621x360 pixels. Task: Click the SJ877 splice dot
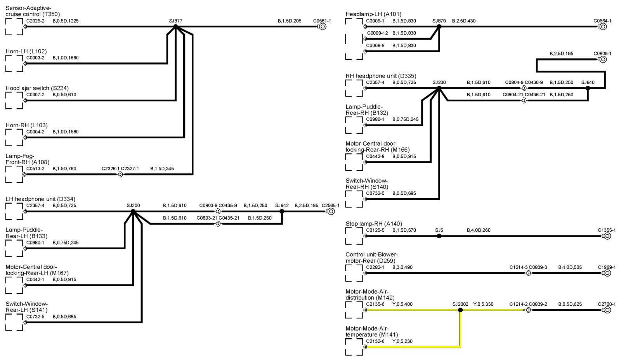tap(175, 26)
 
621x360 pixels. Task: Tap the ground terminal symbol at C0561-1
tap(322, 27)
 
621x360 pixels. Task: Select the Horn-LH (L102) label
tap(26, 51)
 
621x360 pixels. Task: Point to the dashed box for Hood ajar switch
tap(14, 100)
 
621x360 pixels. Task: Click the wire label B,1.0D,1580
tap(65, 132)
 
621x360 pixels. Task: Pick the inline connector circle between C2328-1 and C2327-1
tap(120, 175)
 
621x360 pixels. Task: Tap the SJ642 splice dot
tap(282, 211)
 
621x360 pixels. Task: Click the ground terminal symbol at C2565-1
tap(331, 211)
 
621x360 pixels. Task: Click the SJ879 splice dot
tap(439, 27)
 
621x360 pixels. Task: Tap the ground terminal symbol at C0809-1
tap(603, 59)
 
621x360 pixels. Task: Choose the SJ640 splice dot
tap(588, 88)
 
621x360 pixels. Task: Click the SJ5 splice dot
tap(439, 236)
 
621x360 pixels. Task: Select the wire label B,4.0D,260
tap(478, 230)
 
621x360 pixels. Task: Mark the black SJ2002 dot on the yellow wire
tap(460, 310)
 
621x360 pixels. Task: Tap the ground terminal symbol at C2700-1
tap(607, 310)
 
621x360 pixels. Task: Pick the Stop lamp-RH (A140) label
tap(373, 224)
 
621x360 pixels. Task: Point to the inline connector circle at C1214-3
tap(528, 273)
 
